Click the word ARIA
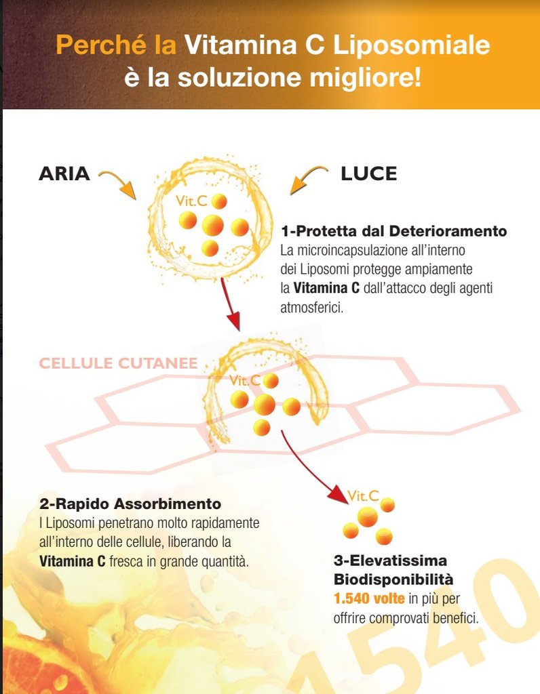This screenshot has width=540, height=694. [x=64, y=173]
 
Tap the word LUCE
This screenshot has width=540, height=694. [x=368, y=173]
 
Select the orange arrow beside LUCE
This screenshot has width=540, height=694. [x=309, y=180]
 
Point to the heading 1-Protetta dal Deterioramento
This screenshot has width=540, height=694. [x=394, y=230]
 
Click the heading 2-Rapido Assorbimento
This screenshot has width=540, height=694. [x=130, y=504]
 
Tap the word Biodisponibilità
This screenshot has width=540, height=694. [x=393, y=579]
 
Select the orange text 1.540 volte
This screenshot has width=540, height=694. [x=369, y=598]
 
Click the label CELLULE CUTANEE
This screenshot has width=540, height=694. [x=118, y=363]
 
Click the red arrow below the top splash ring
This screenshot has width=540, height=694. [x=231, y=304]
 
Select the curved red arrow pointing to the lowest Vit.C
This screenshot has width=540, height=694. [x=310, y=469]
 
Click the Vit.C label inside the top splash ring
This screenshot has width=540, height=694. [x=191, y=201]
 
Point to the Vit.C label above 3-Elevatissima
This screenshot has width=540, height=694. [x=363, y=495]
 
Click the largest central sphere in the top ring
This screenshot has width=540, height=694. [x=212, y=225]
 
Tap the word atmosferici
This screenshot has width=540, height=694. [x=312, y=307]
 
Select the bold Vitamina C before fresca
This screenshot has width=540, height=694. [x=72, y=561]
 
